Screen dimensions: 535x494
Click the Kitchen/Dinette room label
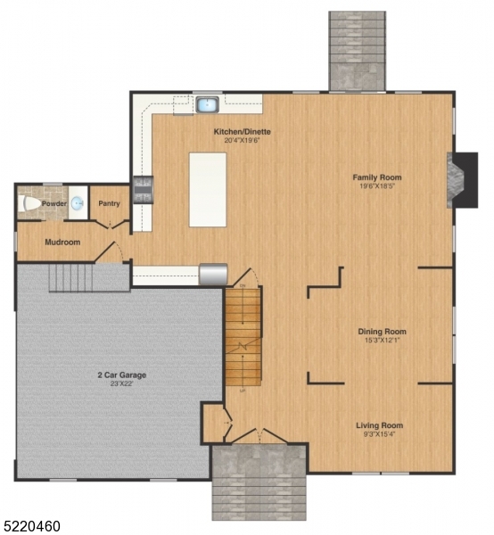pyautogui.click(x=242, y=132)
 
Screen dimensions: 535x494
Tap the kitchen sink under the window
pyautogui.click(x=208, y=105)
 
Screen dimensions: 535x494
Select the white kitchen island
pyautogui.click(x=207, y=189)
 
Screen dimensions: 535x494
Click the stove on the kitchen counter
pyautogui.click(x=143, y=188)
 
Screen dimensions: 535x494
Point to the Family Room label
pyautogui.click(x=378, y=177)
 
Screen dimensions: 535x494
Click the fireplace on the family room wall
pyautogui.click(x=459, y=179)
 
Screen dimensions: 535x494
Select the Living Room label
pyautogui.click(x=380, y=425)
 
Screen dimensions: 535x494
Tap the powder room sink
pyautogui.click(x=77, y=203)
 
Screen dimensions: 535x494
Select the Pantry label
pyautogui.click(x=109, y=203)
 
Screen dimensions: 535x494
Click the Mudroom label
pyautogui.click(x=62, y=242)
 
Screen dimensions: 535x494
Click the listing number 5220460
pyautogui.click(x=31, y=526)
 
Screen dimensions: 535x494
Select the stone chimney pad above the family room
pyautogui.click(x=357, y=50)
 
